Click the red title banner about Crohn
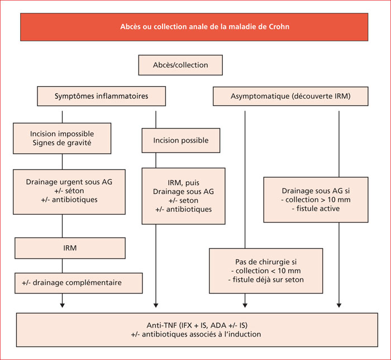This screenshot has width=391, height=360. coord(194,27)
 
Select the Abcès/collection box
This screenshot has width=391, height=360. coord(180,65)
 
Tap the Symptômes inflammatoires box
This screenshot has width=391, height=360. coord(102,96)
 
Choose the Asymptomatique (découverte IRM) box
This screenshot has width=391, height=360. coord(290,96)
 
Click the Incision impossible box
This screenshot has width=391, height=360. coord(62,139)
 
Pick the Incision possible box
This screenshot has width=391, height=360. coord(181,140)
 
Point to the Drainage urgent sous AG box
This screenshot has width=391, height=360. coord(69,192)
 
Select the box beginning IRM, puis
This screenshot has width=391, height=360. coord(184,196)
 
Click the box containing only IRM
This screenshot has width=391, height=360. coord(70,248)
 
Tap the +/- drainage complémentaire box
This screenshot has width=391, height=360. coord(79,283)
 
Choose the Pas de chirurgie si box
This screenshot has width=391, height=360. coord(266,271)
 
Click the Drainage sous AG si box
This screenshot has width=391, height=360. coord(316,200)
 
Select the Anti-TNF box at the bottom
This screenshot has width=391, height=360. coord(197,330)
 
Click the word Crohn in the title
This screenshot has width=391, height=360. coord(279,27)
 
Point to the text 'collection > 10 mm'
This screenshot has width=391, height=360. coord(318,200)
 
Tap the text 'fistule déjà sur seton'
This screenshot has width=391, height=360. coord(268,280)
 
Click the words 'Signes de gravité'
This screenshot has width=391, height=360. coord(62,143)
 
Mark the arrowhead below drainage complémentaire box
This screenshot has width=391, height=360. coord(63,305)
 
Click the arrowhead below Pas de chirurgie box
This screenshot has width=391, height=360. coord(245,305)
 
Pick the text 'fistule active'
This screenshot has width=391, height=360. coord(318,209)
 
